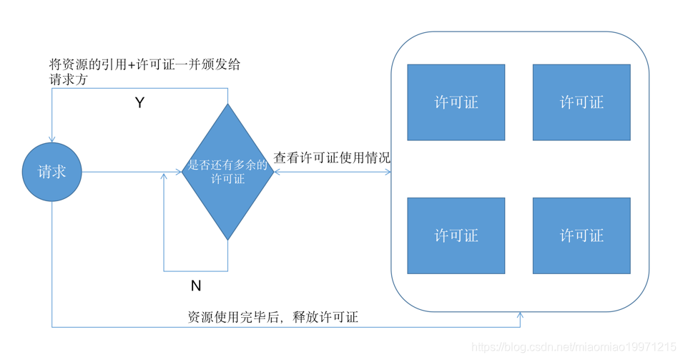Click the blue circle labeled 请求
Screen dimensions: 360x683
click(x=52, y=172)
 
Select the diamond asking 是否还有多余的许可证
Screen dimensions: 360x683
click(x=227, y=172)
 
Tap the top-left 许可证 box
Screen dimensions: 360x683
click(x=456, y=102)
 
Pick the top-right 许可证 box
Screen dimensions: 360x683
click(x=581, y=102)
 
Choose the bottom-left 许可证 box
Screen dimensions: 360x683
click(x=456, y=235)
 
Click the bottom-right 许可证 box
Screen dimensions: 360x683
click(x=581, y=235)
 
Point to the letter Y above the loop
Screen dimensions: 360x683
click(x=140, y=103)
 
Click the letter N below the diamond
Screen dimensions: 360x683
click(x=196, y=286)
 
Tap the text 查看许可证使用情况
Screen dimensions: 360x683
click(x=332, y=158)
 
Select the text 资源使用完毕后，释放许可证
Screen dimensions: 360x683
click(x=272, y=317)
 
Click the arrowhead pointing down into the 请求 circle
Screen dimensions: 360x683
click(x=52, y=139)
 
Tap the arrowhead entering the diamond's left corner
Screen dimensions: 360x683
click(x=179, y=172)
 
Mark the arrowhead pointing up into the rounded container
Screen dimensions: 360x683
click(x=520, y=316)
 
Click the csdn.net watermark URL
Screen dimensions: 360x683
click(x=574, y=347)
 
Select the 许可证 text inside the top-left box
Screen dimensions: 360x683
click(x=456, y=102)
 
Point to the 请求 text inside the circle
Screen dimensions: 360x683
click(x=52, y=172)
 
